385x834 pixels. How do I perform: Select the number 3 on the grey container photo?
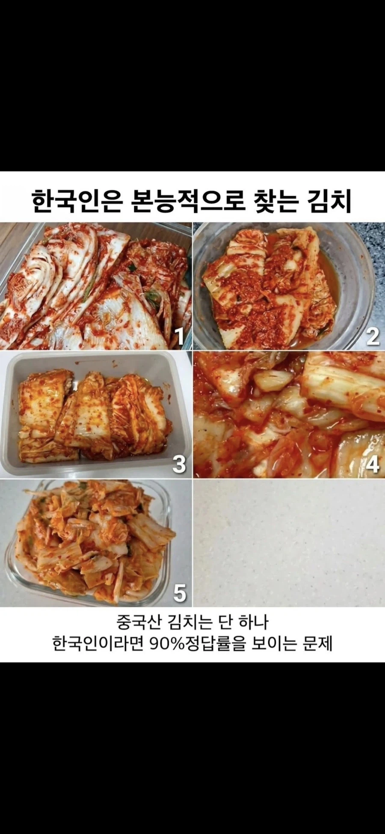pyautogui.click(x=179, y=464)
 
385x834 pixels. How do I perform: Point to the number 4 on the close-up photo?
pyautogui.click(x=373, y=464)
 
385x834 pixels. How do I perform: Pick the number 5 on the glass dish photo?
pyautogui.click(x=180, y=593)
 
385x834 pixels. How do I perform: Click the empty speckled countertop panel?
pyautogui.click(x=289, y=542)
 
